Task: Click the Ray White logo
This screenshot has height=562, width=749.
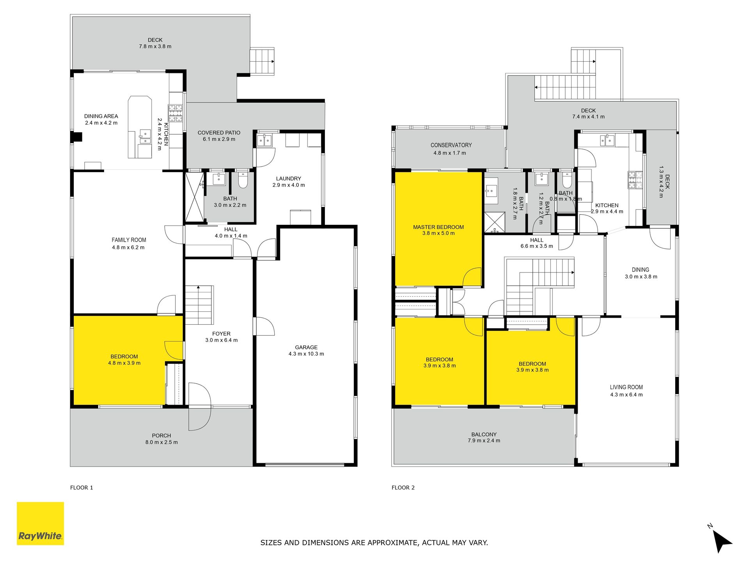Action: click(x=40, y=523)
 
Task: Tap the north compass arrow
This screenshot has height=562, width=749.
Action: click(x=722, y=541)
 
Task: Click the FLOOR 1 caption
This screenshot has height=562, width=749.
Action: click(x=82, y=487)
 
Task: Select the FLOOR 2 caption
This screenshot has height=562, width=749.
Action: click(x=403, y=487)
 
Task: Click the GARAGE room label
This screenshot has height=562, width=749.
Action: click(x=306, y=347)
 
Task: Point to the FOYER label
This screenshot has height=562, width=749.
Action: click(x=221, y=334)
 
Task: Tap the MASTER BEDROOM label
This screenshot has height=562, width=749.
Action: click(x=438, y=227)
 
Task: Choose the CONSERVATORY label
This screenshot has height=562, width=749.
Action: click(x=451, y=145)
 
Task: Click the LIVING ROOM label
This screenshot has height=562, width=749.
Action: click(x=627, y=387)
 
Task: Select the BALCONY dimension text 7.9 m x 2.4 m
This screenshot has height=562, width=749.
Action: click(x=484, y=441)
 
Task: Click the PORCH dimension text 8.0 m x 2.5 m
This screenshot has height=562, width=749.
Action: click(x=162, y=442)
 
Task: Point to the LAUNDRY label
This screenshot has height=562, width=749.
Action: click(x=289, y=178)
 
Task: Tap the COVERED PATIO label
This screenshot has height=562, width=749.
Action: click(x=219, y=133)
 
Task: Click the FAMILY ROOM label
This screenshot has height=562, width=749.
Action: click(x=129, y=240)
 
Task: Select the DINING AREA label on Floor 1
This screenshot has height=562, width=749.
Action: click(x=101, y=116)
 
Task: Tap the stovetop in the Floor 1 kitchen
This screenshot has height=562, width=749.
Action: click(x=175, y=113)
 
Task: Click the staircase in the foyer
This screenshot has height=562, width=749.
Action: click(x=199, y=305)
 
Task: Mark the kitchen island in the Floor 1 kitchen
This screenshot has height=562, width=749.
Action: click(x=140, y=127)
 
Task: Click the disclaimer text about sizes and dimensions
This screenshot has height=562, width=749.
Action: click(x=374, y=542)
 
